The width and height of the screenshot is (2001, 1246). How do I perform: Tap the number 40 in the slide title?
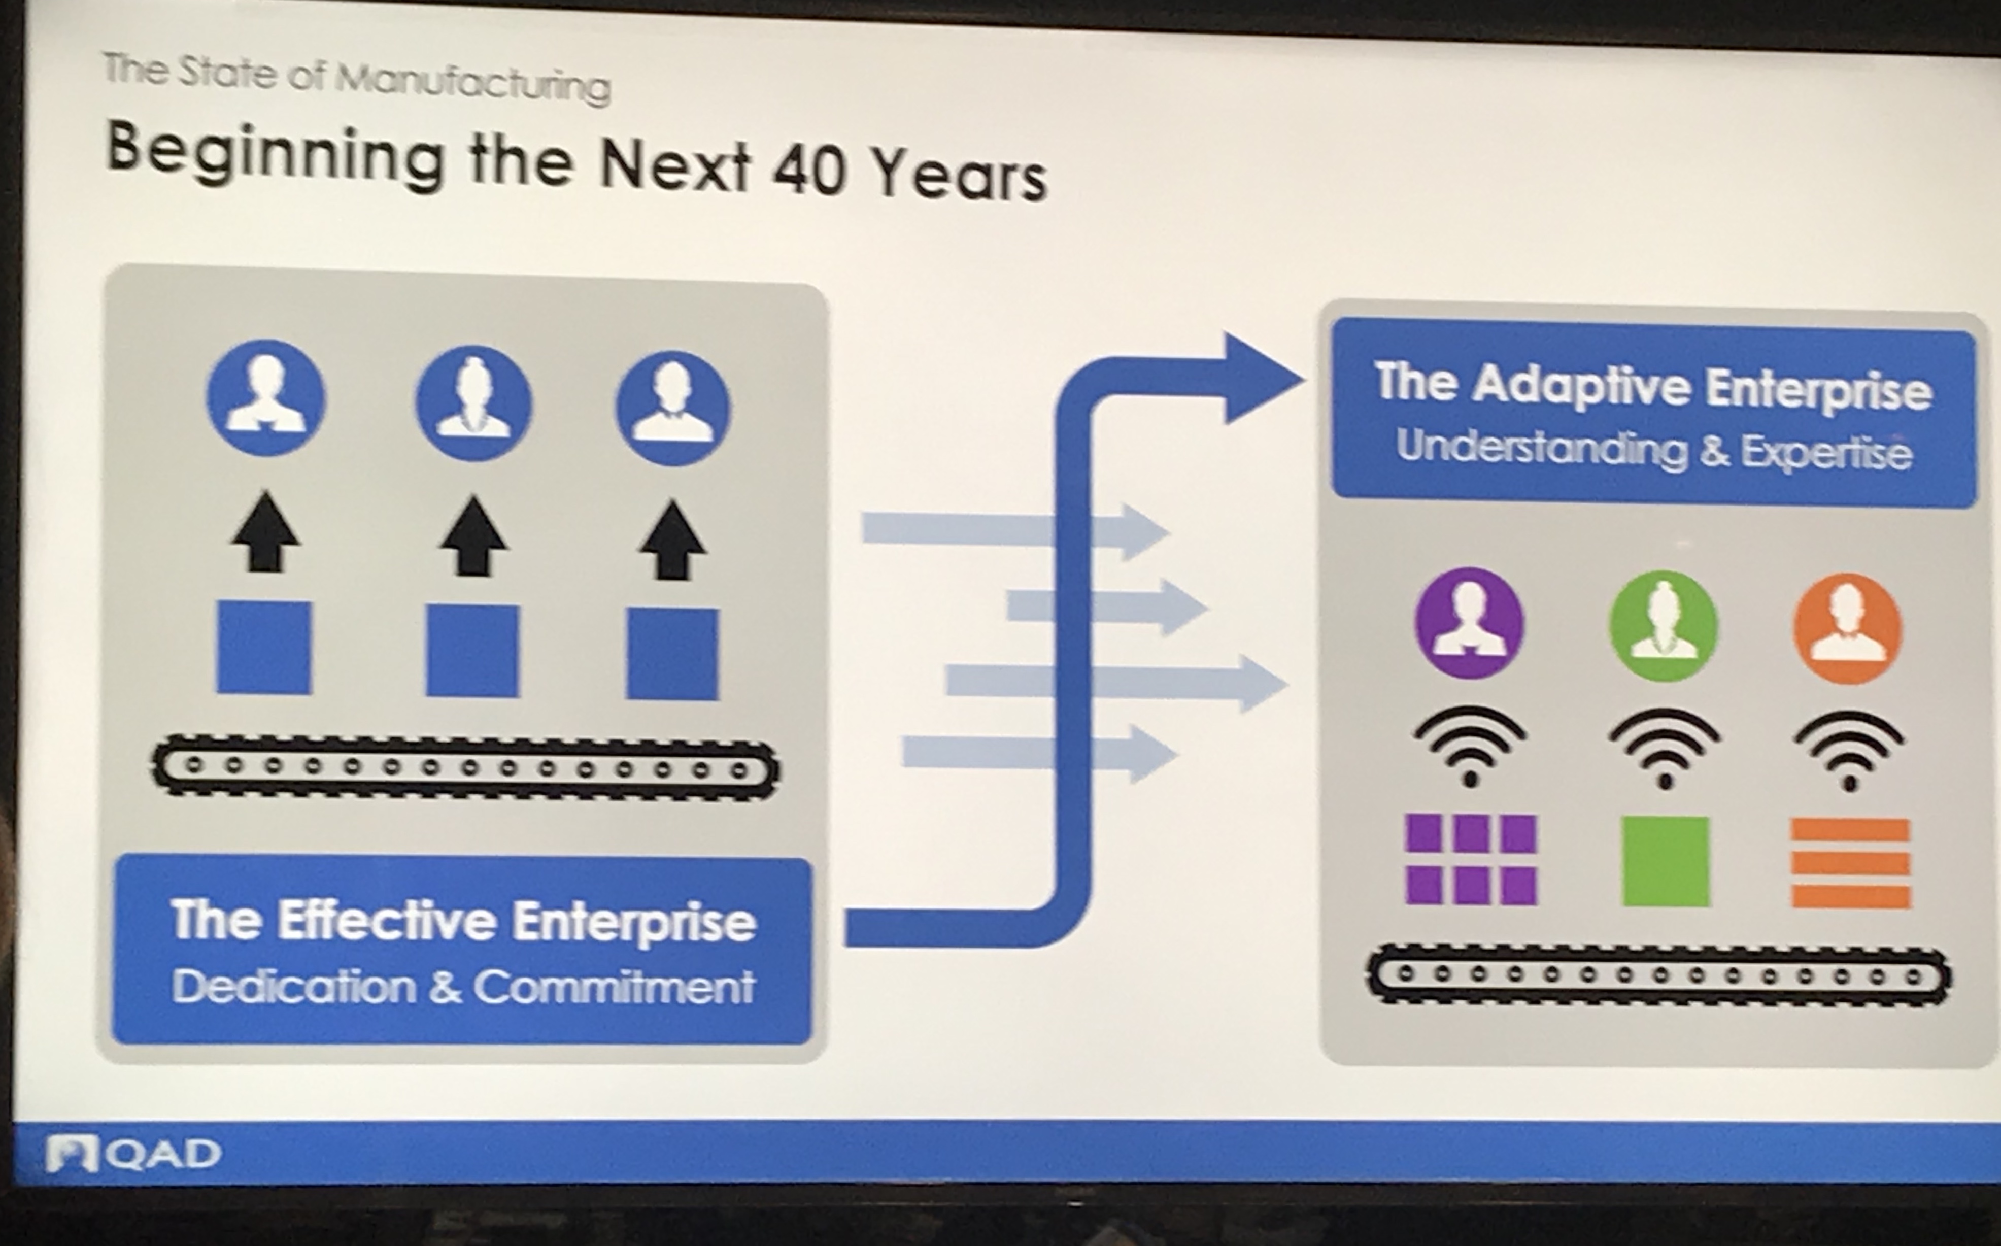810,171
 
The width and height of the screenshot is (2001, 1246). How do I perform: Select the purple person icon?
1469,623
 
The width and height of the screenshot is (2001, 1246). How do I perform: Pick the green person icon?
1663,626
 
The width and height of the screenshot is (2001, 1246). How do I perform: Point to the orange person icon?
1848,629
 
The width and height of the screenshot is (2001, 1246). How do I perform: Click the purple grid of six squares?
1471,859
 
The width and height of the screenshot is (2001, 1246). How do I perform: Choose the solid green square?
1665,862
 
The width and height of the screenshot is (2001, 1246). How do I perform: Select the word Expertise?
1826,452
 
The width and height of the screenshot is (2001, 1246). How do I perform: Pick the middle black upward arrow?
472,534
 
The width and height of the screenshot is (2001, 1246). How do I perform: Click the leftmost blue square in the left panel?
263,648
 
